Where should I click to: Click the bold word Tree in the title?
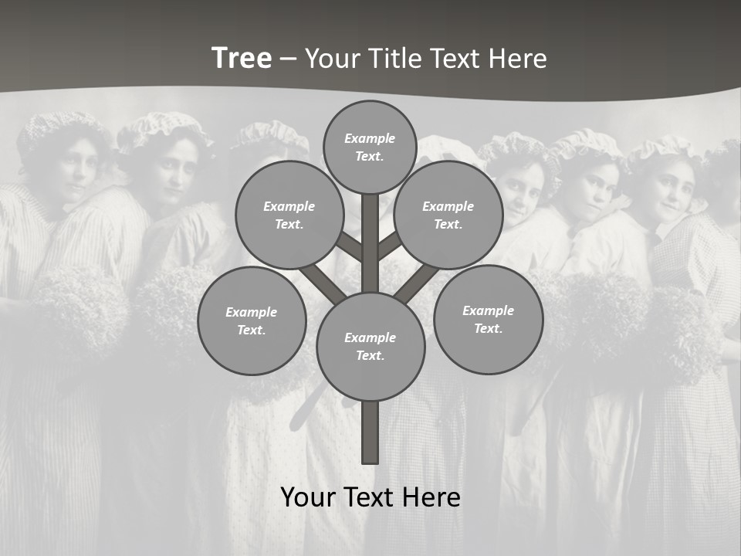pos(242,59)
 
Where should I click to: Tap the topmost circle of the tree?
pos(370,147)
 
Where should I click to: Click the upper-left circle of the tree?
pos(289,215)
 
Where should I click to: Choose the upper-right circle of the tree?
pos(448,215)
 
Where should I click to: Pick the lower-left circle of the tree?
pos(252,320)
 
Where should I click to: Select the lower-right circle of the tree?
pos(488,319)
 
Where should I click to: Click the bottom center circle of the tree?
pos(370,346)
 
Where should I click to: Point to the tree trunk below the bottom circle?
pos(370,432)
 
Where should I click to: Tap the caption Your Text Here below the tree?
pos(370,497)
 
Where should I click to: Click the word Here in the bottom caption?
pos(432,497)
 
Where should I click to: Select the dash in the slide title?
pos(288,59)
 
